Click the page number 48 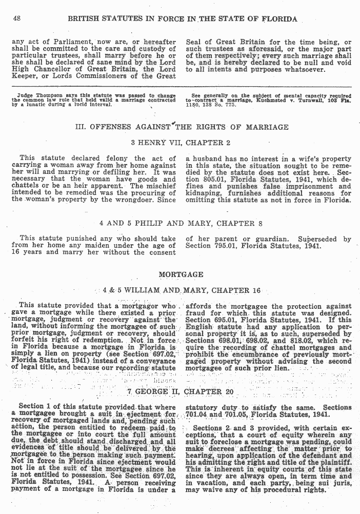[16, 18]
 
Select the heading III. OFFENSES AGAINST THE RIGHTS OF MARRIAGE [182, 127]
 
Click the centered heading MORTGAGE [181, 274]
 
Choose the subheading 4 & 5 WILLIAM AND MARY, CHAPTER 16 [182, 290]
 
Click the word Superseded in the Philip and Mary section [317, 239]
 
